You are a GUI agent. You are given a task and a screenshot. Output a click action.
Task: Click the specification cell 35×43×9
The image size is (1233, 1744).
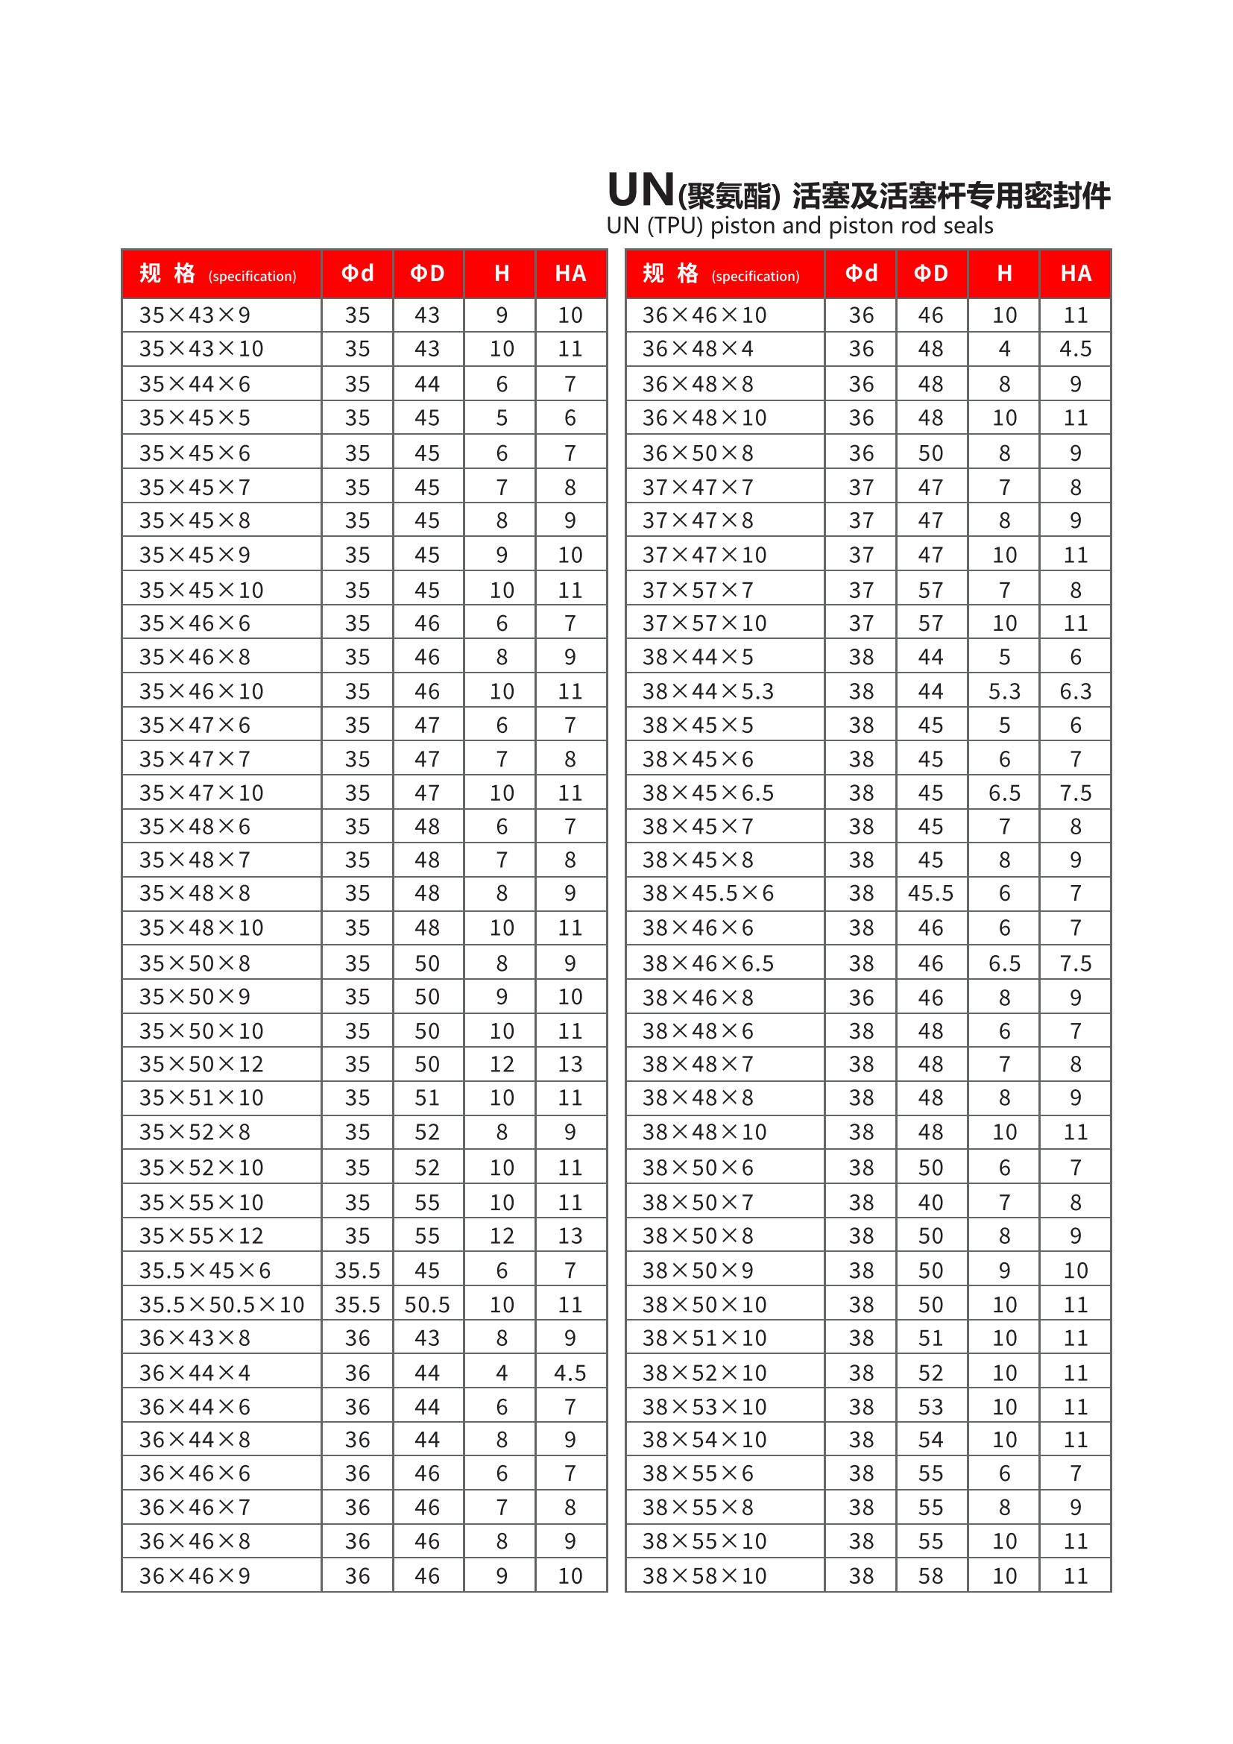click(195, 315)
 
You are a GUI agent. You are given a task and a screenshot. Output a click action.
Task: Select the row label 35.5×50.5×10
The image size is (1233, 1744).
click(221, 1304)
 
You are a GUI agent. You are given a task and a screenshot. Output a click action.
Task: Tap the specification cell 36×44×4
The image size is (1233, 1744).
click(195, 1373)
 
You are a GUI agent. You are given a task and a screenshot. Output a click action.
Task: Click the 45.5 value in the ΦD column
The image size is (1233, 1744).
click(930, 893)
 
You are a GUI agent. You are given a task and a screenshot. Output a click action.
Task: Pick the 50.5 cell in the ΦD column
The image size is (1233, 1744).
click(426, 1304)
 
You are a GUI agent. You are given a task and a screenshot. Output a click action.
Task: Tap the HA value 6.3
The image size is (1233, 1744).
click(1075, 691)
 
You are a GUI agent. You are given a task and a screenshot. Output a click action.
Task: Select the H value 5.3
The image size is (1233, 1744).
click(1003, 691)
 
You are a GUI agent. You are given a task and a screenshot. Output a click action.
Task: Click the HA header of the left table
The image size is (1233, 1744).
click(570, 274)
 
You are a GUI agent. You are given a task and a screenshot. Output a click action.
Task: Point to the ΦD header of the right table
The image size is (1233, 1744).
click(931, 274)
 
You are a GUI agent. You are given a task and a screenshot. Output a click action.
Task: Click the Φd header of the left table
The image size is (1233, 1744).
click(357, 274)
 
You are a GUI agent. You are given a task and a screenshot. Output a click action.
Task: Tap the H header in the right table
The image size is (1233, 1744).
click(1003, 274)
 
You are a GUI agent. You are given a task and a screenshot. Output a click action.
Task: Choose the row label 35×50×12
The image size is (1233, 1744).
click(201, 1064)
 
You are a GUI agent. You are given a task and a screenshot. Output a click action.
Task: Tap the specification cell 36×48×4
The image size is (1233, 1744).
click(697, 349)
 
